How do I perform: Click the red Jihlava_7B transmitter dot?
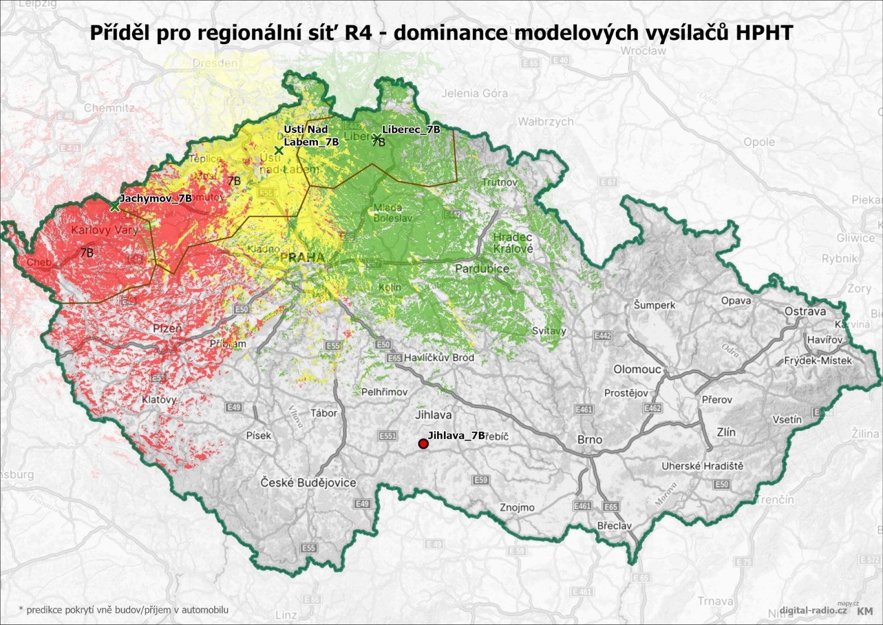tap(423, 444)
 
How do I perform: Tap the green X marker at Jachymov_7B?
tap(114, 207)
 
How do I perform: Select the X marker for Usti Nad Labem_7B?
tap(279, 150)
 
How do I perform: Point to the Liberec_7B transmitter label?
tap(411, 129)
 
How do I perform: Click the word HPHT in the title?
tap(764, 33)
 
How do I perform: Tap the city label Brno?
tap(589, 439)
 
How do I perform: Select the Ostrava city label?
tap(805, 311)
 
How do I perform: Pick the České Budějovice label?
tap(308, 483)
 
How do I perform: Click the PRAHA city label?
tap(302, 257)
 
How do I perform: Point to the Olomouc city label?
tap(637, 369)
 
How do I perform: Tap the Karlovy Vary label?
tap(104, 230)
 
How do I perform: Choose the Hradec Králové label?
tap(513, 243)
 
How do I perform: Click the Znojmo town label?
tap(517, 507)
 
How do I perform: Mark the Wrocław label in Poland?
tap(643, 51)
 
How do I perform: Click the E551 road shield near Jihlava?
tap(387, 436)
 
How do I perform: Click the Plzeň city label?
tap(167, 329)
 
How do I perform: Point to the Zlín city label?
tap(726, 432)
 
